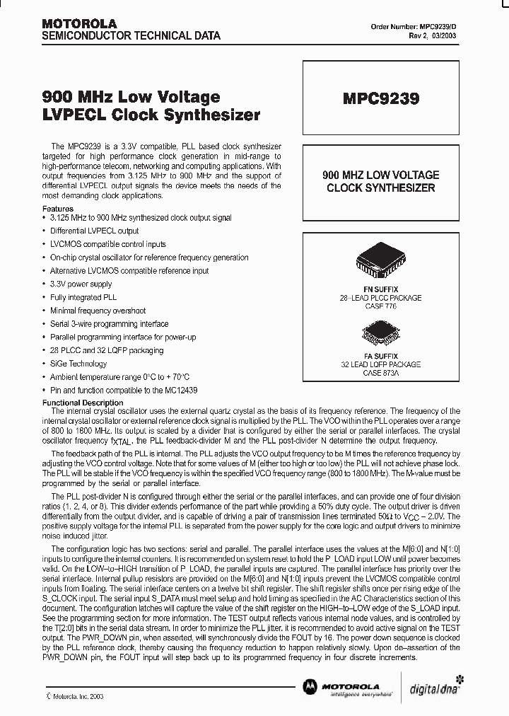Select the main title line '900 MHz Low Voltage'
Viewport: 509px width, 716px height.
(131, 98)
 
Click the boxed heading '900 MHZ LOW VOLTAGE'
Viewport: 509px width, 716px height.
(381, 175)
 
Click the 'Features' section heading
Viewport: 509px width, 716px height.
(58, 209)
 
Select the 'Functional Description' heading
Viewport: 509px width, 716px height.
(83, 403)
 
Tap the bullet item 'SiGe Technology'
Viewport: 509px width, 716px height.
(78, 364)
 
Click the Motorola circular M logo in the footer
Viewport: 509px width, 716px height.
(310, 686)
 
